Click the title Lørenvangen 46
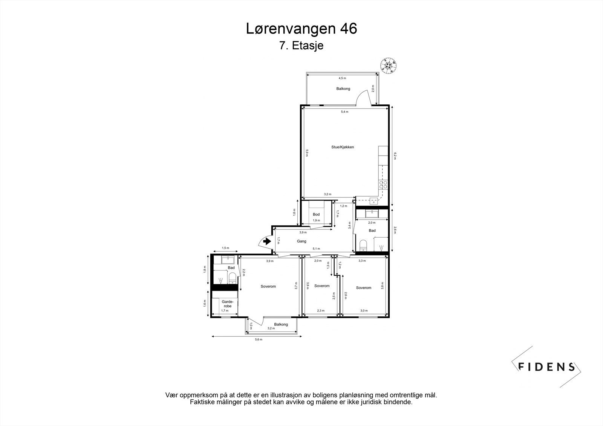tap(301, 29)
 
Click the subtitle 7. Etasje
tap(301, 46)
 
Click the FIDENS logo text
tap(546, 366)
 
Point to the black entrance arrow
tap(267, 241)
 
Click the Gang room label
tap(301, 241)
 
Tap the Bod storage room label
tap(316, 214)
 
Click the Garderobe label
tap(228, 304)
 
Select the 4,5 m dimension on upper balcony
tap(342, 78)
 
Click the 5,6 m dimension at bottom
tap(259, 340)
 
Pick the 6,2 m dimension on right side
tap(395, 156)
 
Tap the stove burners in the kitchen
tap(383, 185)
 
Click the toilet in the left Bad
tap(232, 278)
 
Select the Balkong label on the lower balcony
tap(281, 324)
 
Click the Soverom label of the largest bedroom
tap(268, 286)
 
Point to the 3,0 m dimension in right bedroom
tap(363, 311)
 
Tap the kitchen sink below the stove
tap(373, 200)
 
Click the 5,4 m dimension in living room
tap(344, 112)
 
